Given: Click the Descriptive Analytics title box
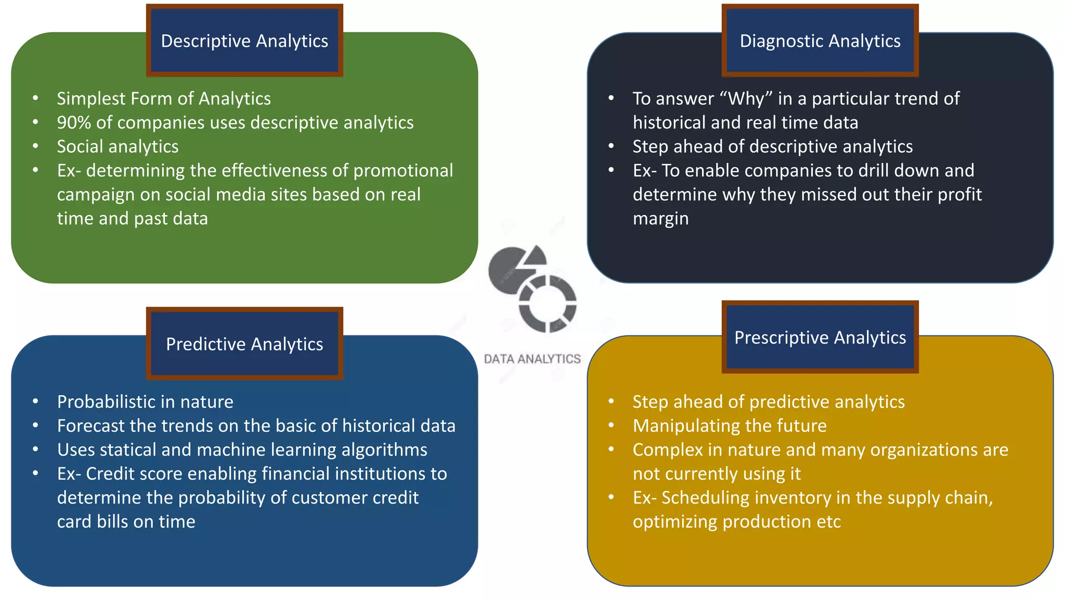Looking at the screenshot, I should (x=244, y=41).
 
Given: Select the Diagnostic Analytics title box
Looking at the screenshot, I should (x=820, y=41).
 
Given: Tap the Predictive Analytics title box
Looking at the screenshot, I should (x=244, y=344).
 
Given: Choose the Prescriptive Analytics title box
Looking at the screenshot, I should (x=820, y=337).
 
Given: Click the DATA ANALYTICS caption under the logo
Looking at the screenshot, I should (x=532, y=359).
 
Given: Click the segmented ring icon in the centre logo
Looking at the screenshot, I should (x=548, y=304).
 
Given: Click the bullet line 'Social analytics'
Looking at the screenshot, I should (x=118, y=147).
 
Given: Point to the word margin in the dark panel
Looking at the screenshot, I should (x=660, y=219).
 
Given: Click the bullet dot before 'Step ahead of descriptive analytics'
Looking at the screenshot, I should (x=612, y=146).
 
